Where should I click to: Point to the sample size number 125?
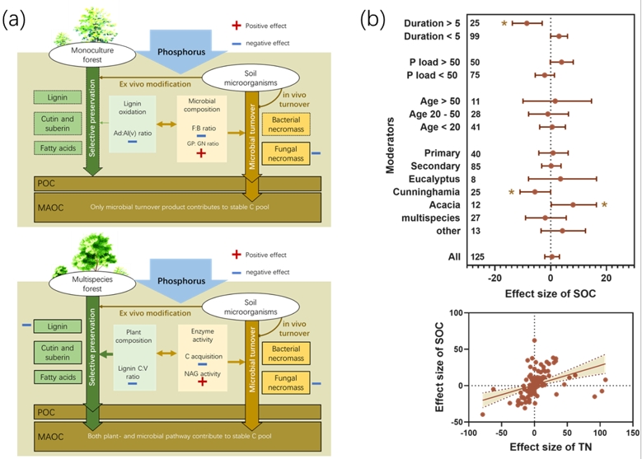(476, 257)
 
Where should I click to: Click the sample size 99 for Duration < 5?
(476, 35)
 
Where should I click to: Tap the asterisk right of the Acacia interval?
(603, 204)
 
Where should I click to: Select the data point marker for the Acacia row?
(573, 204)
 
